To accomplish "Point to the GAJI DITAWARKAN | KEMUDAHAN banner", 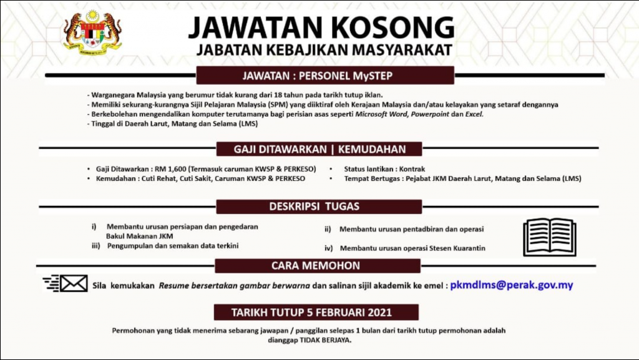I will pos(319,149).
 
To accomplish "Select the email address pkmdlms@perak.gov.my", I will pos(512,285).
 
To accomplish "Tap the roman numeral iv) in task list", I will pos(329,248).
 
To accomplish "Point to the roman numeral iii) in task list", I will pos(95,246).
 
